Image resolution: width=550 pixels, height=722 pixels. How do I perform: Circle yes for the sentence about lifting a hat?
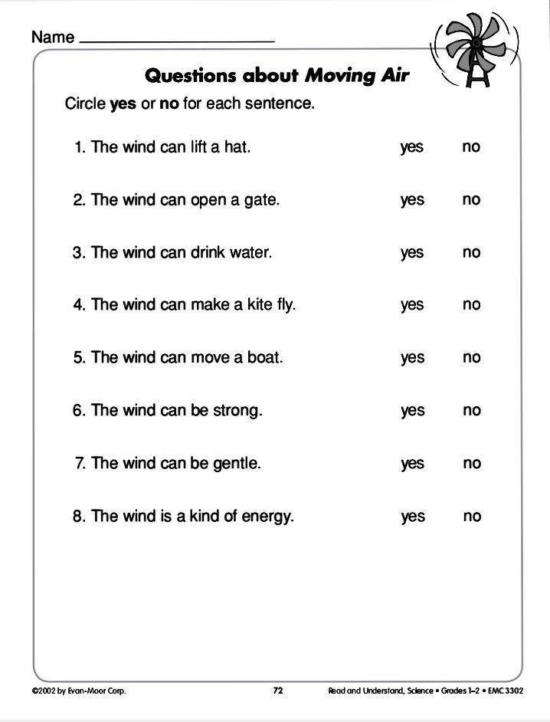point(411,147)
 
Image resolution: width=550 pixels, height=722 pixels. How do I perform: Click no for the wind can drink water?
point(471,252)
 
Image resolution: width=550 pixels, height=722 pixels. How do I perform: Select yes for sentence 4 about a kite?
point(411,305)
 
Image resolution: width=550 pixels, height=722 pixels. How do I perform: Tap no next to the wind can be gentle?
point(471,463)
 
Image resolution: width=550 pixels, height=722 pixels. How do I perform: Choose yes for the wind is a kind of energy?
point(412,517)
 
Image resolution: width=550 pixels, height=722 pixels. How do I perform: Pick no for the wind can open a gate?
point(471,199)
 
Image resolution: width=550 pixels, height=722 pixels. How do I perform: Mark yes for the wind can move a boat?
point(411,358)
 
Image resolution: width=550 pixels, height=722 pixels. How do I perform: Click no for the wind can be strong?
point(471,410)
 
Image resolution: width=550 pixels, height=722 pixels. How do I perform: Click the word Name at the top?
point(53,37)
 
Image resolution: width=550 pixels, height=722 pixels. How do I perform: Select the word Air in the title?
point(394,75)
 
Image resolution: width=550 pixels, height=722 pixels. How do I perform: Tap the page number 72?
point(278,691)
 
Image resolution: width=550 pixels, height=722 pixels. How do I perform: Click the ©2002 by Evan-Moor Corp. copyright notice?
point(79,691)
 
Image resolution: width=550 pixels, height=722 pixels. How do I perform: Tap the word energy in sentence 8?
point(267,517)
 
